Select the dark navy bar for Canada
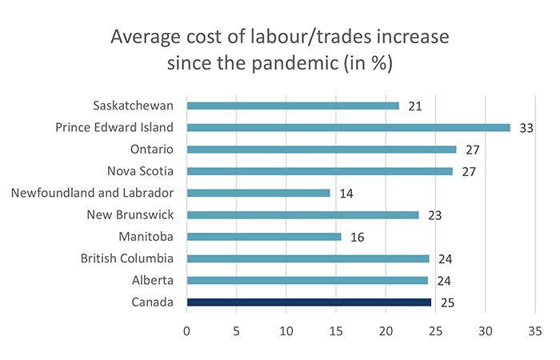click(309, 302)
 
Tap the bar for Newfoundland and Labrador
click(258, 193)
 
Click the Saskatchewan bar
click(292, 106)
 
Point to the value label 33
click(526, 128)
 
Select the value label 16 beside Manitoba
click(357, 238)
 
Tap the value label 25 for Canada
click(447, 303)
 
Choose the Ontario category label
click(147, 150)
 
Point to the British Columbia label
click(128, 258)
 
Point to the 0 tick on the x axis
click(187, 330)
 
